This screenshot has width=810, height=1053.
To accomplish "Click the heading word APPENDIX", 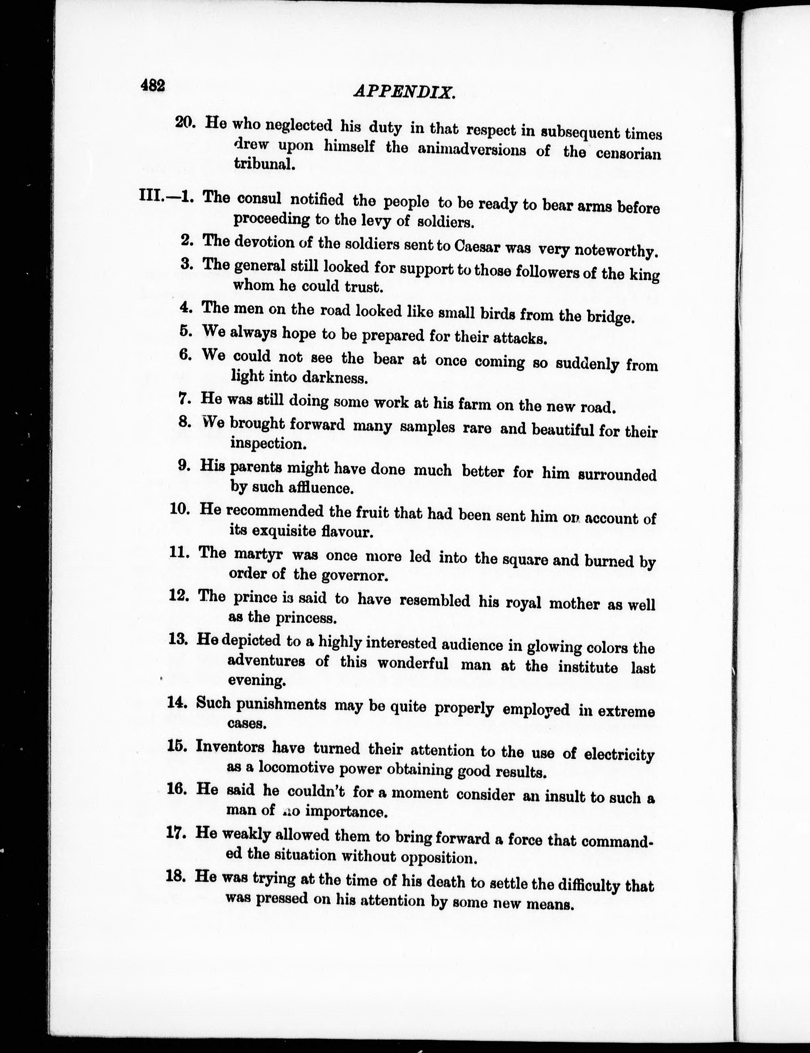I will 404,92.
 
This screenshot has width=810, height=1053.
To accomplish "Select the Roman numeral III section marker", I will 151,197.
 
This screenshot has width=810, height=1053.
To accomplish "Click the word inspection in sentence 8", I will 268,443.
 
